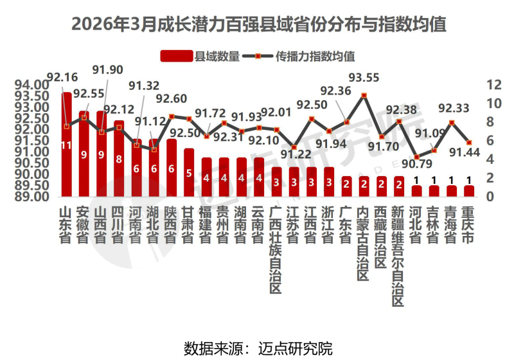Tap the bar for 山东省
66,145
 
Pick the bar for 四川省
119,158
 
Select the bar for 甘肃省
188,172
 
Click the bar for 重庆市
468,191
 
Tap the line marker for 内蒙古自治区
364,96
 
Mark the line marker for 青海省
452,123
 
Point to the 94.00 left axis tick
32,85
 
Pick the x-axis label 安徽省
84,225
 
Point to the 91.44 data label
463,152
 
